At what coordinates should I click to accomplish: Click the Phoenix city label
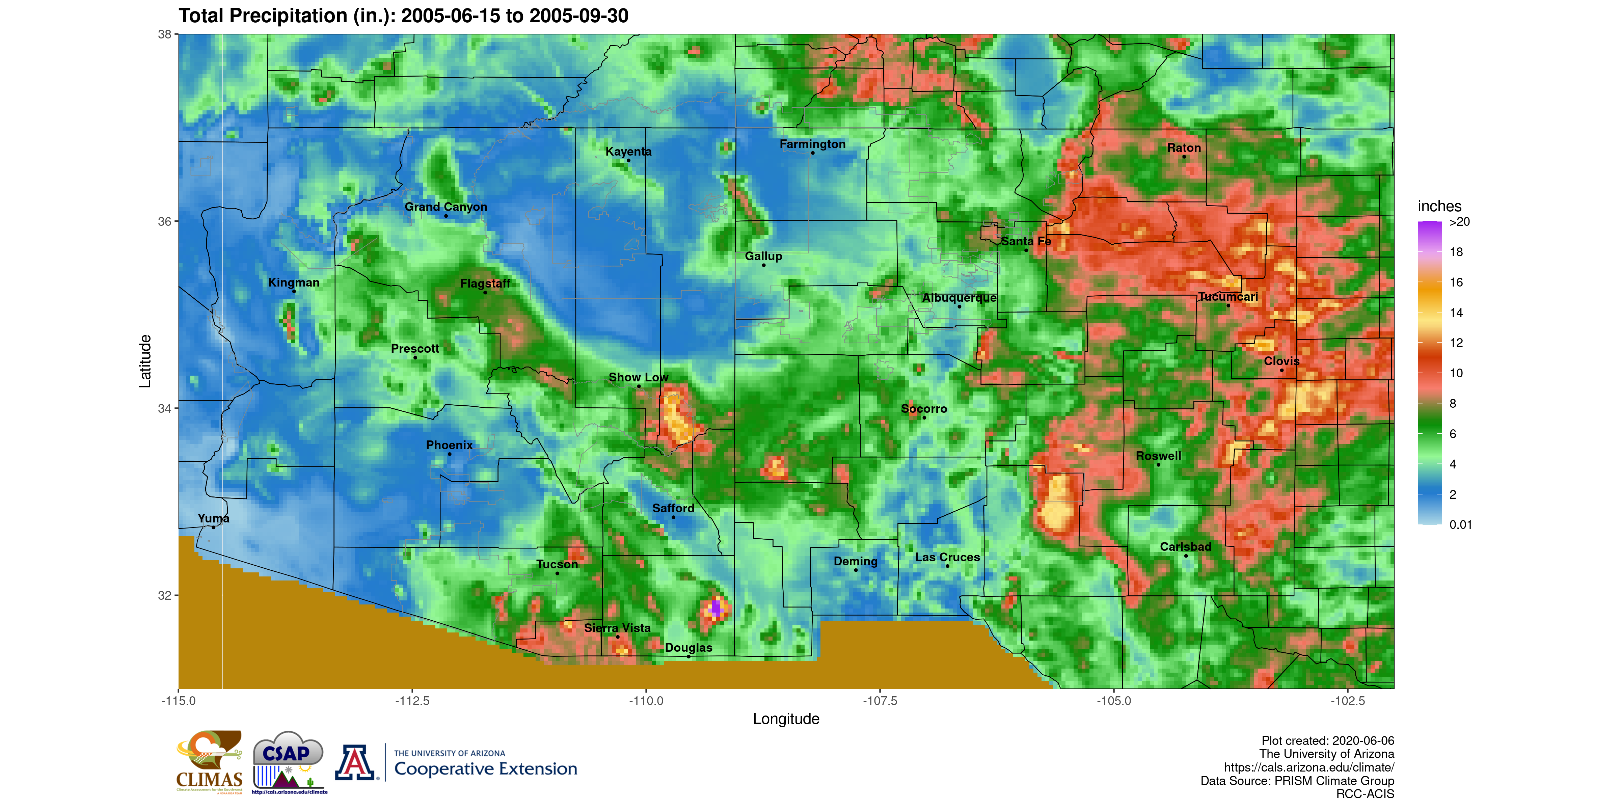coord(449,445)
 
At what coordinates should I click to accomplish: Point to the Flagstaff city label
coord(485,283)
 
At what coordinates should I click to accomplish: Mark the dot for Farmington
coord(812,153)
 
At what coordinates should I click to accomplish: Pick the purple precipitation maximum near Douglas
coord(715,609)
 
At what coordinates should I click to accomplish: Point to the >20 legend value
coord(1460,222)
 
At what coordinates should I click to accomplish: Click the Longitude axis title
coord(786,719)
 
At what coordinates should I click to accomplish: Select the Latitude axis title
coord(145,361)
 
